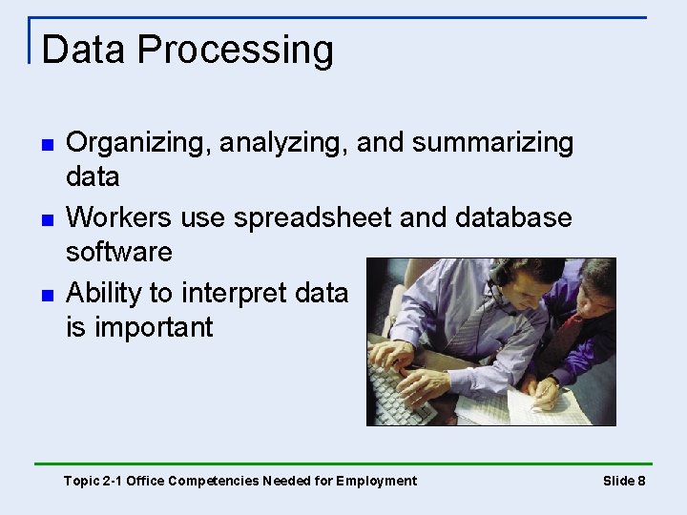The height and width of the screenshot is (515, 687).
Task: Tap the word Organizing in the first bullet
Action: click(x=138, y=144)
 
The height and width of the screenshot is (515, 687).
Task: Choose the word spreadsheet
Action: click(x=313, y=218)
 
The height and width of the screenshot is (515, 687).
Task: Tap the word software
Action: click(x=119, y=253)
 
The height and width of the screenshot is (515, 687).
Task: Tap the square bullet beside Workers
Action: click(x=46, y=219)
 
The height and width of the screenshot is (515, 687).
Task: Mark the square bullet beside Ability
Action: click(x=46, y=294)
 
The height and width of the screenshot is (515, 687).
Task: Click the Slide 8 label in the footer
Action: click(x=624, y=481)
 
